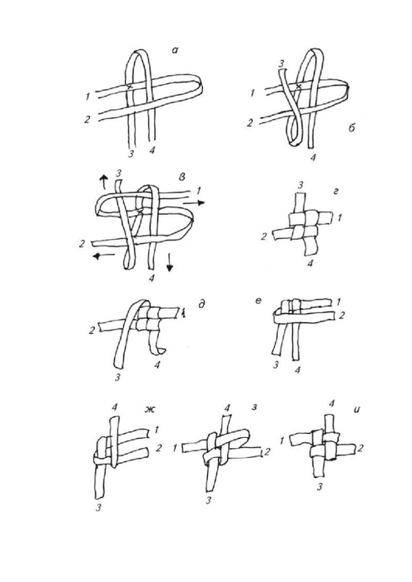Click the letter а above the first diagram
pos(175,50)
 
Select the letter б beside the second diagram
pos(351,127)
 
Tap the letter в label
pos(182,177)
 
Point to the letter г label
pos(336,192)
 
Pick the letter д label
pos(201,305)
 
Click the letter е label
pos(258,300)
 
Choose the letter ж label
pos(149,410)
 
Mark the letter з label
pos(255,407)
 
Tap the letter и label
pos(358,410)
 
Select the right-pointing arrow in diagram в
pos(195,202)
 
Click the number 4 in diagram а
pos(151,150)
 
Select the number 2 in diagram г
pos(264,236)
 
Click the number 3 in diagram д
pos(117,378)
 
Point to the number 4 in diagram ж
pos(114,407)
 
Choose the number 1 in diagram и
pos(282,441)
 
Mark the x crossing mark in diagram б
pos(298,86)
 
